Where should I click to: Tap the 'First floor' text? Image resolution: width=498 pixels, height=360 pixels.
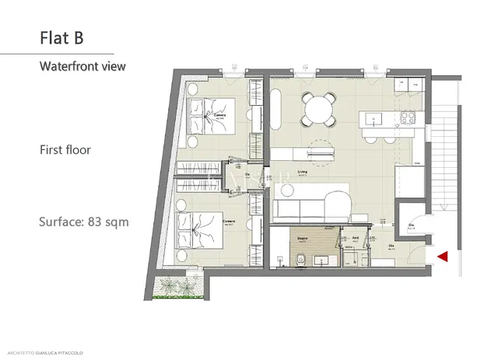[x=65, y=149]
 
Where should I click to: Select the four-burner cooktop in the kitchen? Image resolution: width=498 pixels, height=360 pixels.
[x=408, y=119]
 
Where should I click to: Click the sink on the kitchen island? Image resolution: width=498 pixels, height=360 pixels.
[x=373, y=121]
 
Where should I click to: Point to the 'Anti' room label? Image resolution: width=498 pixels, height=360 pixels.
[x=355, y=239]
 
